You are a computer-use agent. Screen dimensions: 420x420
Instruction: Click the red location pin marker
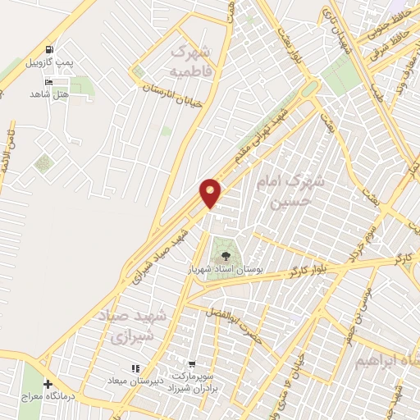211,193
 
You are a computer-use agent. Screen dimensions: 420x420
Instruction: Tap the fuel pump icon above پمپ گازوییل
51,50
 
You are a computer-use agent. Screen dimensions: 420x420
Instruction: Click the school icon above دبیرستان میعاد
135,369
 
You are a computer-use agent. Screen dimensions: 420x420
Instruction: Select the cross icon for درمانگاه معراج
48,384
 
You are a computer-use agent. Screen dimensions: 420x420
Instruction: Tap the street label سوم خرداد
362,241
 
